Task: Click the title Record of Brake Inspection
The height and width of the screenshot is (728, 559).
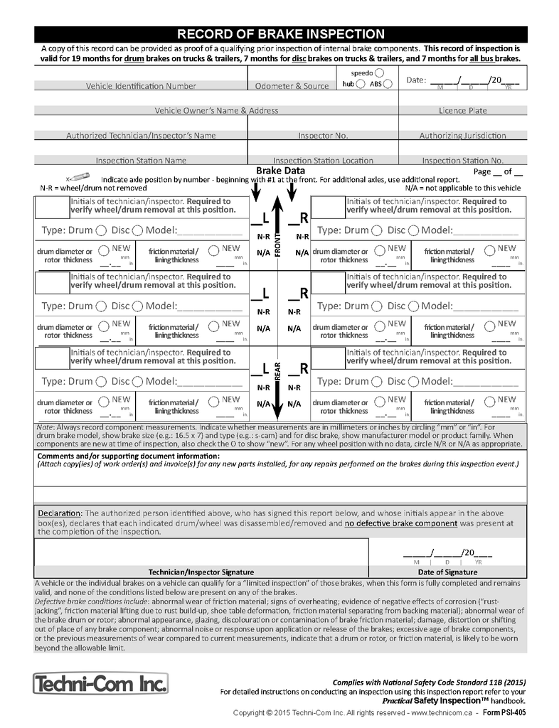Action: coord(280,34)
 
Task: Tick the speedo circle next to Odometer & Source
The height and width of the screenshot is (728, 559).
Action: coord(379,73)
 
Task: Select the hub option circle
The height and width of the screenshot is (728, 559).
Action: coord(362,84)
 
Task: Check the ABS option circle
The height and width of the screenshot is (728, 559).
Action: coord(388,84)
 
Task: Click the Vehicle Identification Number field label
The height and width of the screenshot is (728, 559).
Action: coord(141,86)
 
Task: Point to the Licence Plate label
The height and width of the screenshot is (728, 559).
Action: coord(462,111)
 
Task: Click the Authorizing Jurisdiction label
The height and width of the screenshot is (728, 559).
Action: coord(462,135)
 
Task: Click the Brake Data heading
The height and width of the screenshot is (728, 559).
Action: coord(280,171)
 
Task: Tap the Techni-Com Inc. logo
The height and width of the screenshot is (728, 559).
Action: coord(100,684)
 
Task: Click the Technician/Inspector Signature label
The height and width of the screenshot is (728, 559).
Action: coord(201,572)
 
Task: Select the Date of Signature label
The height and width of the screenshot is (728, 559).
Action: coord(447,572)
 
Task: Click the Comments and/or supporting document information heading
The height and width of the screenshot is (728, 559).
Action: coord(128,456)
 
